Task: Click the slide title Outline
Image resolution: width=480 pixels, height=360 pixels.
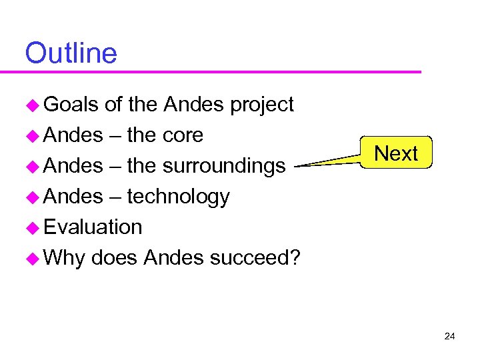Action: [71, 53]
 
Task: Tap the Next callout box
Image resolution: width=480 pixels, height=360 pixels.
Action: [396, 153]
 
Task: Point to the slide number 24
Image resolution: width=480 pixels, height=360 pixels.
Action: [449, 336]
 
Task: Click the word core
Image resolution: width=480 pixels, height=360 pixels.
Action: [181, 135]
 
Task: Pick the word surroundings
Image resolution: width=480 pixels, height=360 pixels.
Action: [225, 167]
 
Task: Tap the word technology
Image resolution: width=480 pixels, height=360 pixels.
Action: [178, 197]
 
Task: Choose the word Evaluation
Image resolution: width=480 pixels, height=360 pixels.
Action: [93, 227]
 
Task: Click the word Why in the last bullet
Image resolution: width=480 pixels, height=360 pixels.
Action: [65, 258]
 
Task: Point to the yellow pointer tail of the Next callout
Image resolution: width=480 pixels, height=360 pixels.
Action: [327, 161]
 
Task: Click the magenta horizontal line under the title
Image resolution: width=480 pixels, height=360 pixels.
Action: [220, 71]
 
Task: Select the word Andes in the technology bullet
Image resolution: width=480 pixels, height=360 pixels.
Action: [73, 197]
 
